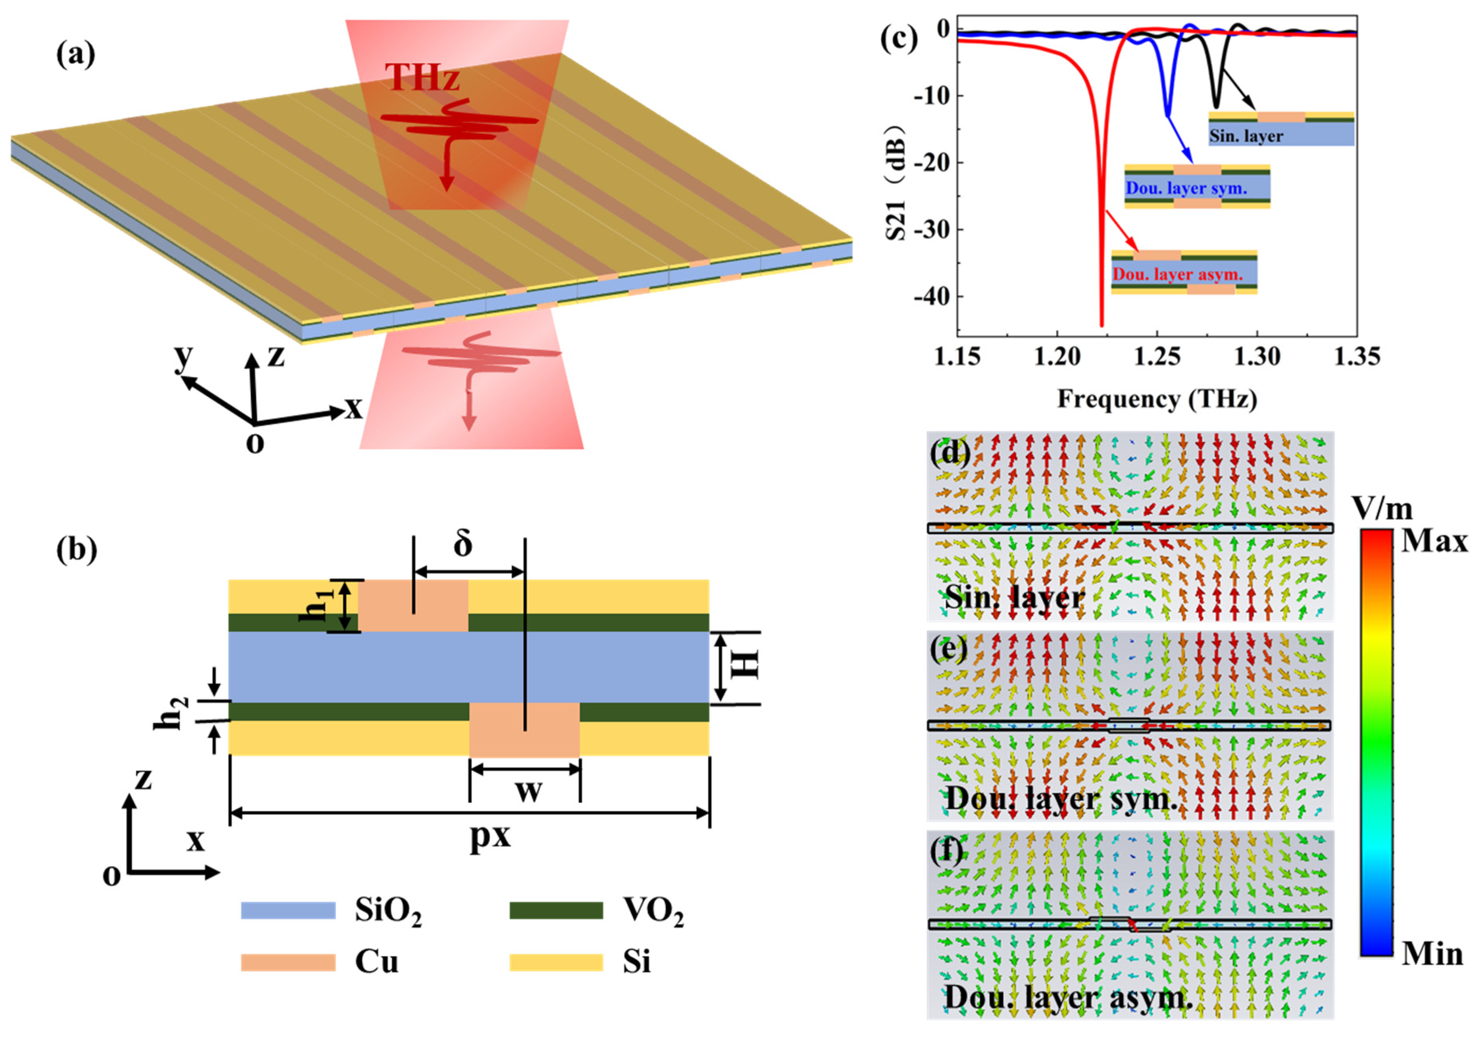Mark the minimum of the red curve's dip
tap(1102, 324)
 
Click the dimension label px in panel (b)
tap(490, 836)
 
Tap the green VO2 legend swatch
tap(556, 910)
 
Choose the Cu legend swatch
tap(288, 962)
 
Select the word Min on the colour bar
tap(1432, 953)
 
